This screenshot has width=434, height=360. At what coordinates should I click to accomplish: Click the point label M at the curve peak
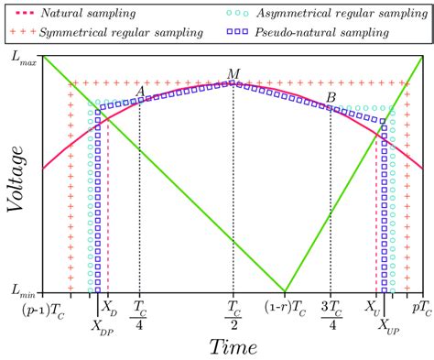click(x=233, y=73)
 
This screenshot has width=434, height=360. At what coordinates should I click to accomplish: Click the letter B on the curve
click(x=331, y=97)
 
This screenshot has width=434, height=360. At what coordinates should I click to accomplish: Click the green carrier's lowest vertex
click(x=285, y=291)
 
